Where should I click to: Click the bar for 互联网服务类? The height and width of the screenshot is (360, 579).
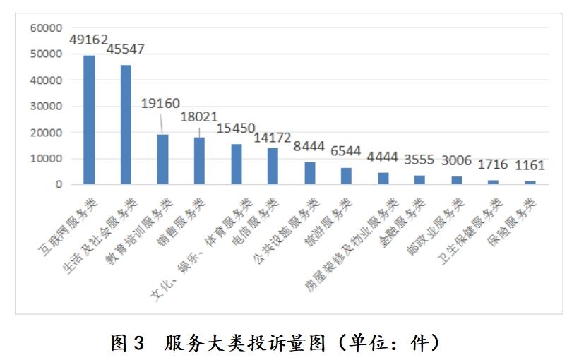[89, 120]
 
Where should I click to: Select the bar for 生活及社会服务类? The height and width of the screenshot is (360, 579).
[126, 125]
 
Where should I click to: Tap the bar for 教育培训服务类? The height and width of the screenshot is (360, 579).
[162, 160]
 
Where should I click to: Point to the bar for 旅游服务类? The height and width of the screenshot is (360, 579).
[346, 176]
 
